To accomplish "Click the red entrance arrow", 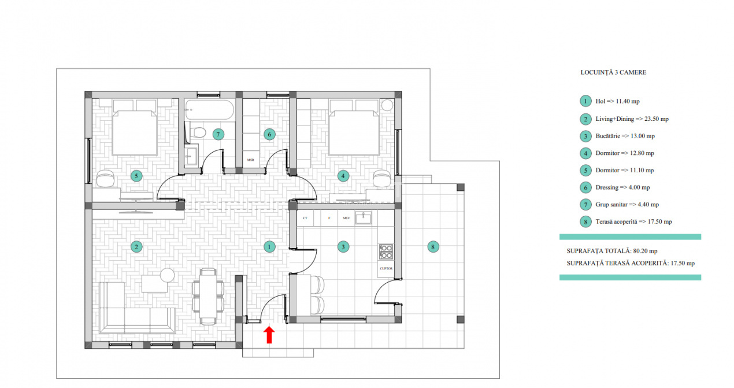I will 269,335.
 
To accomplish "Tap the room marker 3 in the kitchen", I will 343,247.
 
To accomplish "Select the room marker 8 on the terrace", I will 432,247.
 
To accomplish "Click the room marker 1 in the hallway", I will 269,247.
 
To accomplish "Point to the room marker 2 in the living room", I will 136,247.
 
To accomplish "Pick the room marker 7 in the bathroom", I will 218,134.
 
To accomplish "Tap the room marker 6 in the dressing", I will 269,134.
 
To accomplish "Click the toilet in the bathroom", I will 198,132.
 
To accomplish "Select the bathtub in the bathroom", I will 209,108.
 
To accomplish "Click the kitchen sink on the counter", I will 364,218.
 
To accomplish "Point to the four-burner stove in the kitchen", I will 386,252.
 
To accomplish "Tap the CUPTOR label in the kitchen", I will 386,268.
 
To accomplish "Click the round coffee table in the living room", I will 168,275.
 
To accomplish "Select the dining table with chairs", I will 208,295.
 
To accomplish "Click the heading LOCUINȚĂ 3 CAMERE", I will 613,73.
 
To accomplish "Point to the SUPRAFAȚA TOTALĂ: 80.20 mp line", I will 612,251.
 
